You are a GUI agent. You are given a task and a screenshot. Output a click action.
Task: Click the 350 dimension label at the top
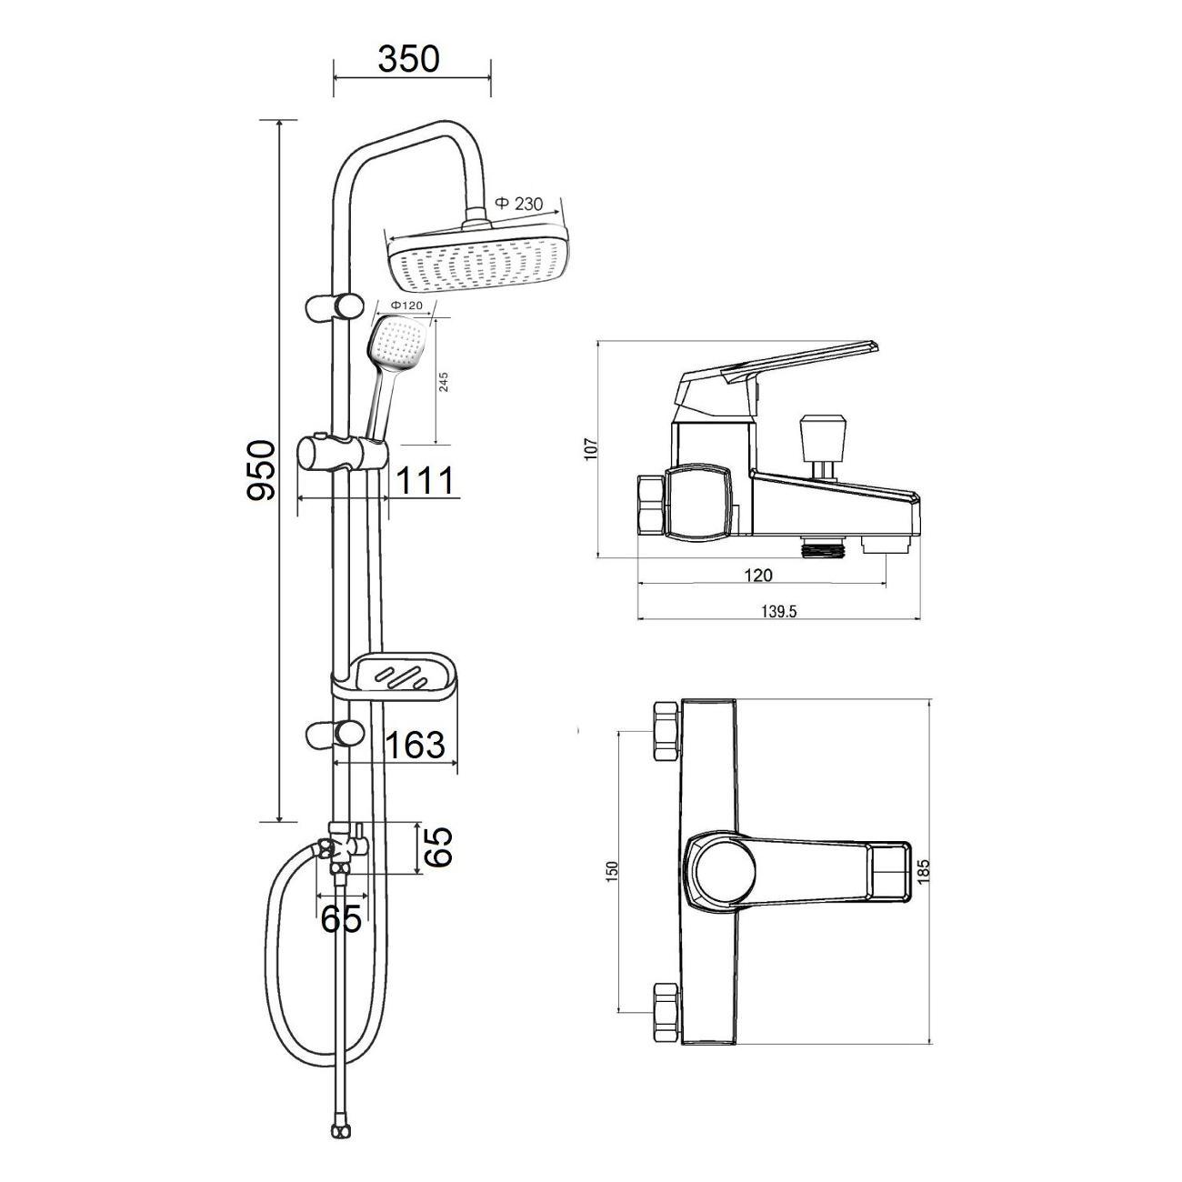(408, 59)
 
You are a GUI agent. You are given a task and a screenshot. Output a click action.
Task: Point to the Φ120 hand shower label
(407, 305)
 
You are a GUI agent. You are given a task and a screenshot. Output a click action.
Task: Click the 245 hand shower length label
(444, 382)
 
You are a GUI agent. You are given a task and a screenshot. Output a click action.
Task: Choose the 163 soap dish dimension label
(415, 745)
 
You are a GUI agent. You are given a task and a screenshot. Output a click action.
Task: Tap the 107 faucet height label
(591, 448)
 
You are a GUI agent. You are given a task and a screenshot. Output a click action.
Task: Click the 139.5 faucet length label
(779, 611)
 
